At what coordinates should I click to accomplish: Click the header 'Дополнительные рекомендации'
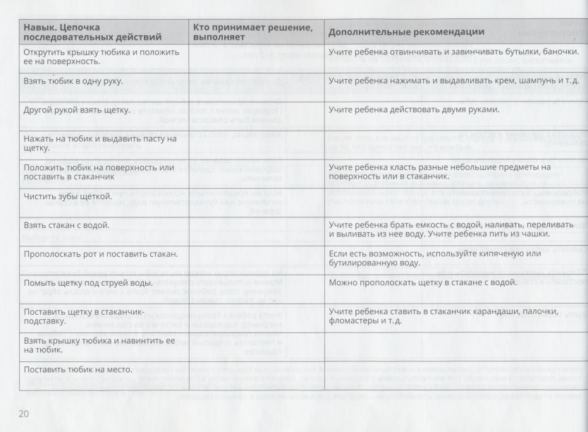(406, 32)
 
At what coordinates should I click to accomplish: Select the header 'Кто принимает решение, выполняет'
(252, 32)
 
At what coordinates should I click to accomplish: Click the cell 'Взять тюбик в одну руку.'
(73, 81)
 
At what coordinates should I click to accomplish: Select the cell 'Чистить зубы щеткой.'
(68, 196)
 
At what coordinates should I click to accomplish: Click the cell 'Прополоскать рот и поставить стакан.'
(100, 253)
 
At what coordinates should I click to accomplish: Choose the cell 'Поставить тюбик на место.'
(82, 369)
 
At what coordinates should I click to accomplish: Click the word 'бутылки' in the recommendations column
(513, 52)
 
